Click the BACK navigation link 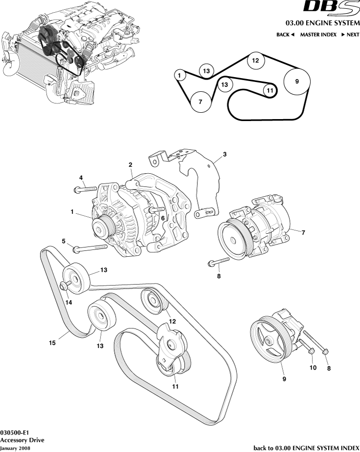(286, 35)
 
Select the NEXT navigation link (350, 35)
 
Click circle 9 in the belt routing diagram (297, 82)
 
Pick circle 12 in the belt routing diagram (255, 61)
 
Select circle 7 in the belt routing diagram (200, 102)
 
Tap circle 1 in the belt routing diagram (180, 75)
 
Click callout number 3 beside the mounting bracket (225, 155)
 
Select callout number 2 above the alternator (130, 165)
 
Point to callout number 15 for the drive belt (52, 343)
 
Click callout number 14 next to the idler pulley (68, 302)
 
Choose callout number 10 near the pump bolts (313, 367)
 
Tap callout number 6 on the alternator (163, 219)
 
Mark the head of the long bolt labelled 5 (76, 249)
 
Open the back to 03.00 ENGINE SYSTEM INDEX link (306, 448)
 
